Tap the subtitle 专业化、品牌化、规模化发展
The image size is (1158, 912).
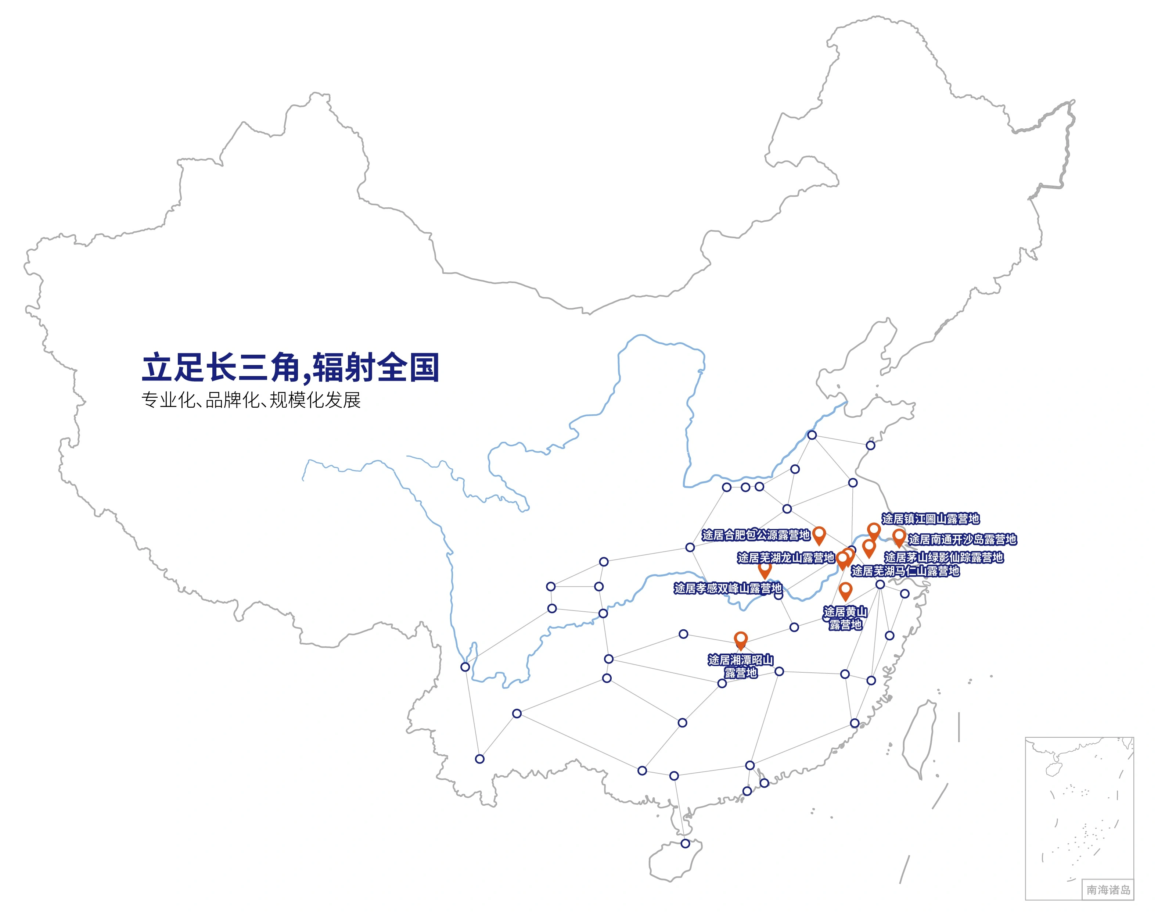pos(251,400)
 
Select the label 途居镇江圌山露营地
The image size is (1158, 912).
pos(930,518)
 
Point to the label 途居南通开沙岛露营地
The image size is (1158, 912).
pos(962,539)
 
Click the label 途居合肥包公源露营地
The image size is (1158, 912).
pos(756,534)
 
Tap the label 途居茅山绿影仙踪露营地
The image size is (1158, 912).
pos(943,557)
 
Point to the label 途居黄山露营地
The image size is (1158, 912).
pos(845,618)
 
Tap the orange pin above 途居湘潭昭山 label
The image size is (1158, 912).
pos(741,640)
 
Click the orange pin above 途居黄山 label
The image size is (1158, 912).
pos(845,591)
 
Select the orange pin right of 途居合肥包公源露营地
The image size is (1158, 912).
pos(819,534)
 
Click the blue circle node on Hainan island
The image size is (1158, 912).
pos(685,844)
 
